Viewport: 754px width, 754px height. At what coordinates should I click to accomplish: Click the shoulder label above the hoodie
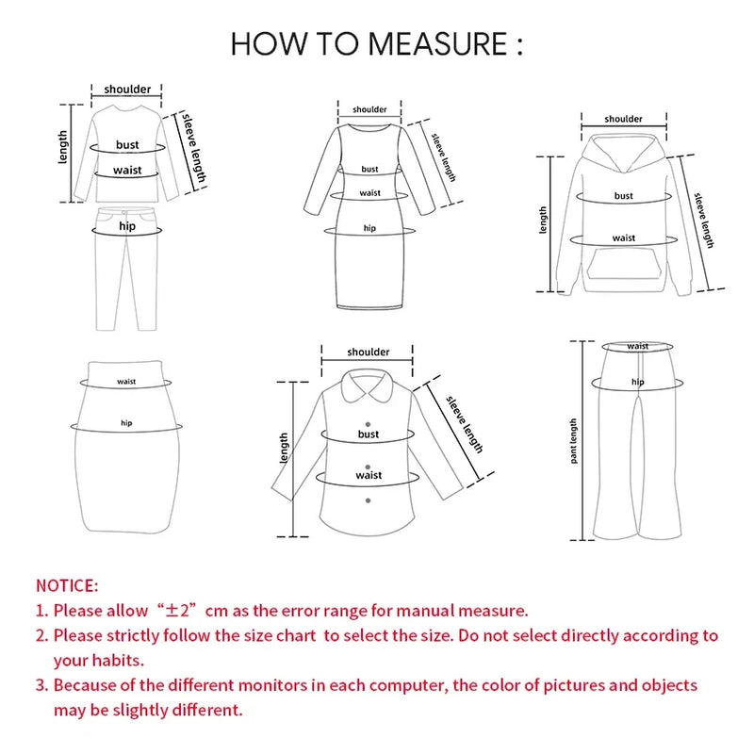point(623,119)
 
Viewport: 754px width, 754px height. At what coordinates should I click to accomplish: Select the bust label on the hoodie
point(623,196)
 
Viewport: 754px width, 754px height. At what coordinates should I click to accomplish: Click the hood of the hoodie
point(624,156)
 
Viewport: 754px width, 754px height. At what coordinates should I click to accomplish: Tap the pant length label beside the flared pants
point(574,441)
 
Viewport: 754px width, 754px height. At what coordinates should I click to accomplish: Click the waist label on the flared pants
point(638,347)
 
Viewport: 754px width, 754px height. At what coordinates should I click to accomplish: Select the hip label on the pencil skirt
point(126,423)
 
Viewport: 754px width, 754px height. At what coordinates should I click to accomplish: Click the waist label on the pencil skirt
point(126,382)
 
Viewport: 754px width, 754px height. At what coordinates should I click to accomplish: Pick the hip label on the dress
point(369,228)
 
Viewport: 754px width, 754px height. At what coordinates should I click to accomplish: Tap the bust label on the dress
point(369,170)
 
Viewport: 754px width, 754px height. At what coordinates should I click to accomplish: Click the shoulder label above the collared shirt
point(368,352)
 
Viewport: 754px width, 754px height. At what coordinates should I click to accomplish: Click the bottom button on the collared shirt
point(369,501)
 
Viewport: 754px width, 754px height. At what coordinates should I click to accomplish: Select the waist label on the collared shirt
point(369,475)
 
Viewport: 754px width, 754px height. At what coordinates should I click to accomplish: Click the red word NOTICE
point(67,586)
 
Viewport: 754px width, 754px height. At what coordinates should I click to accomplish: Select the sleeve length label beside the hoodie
point(704,220)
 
